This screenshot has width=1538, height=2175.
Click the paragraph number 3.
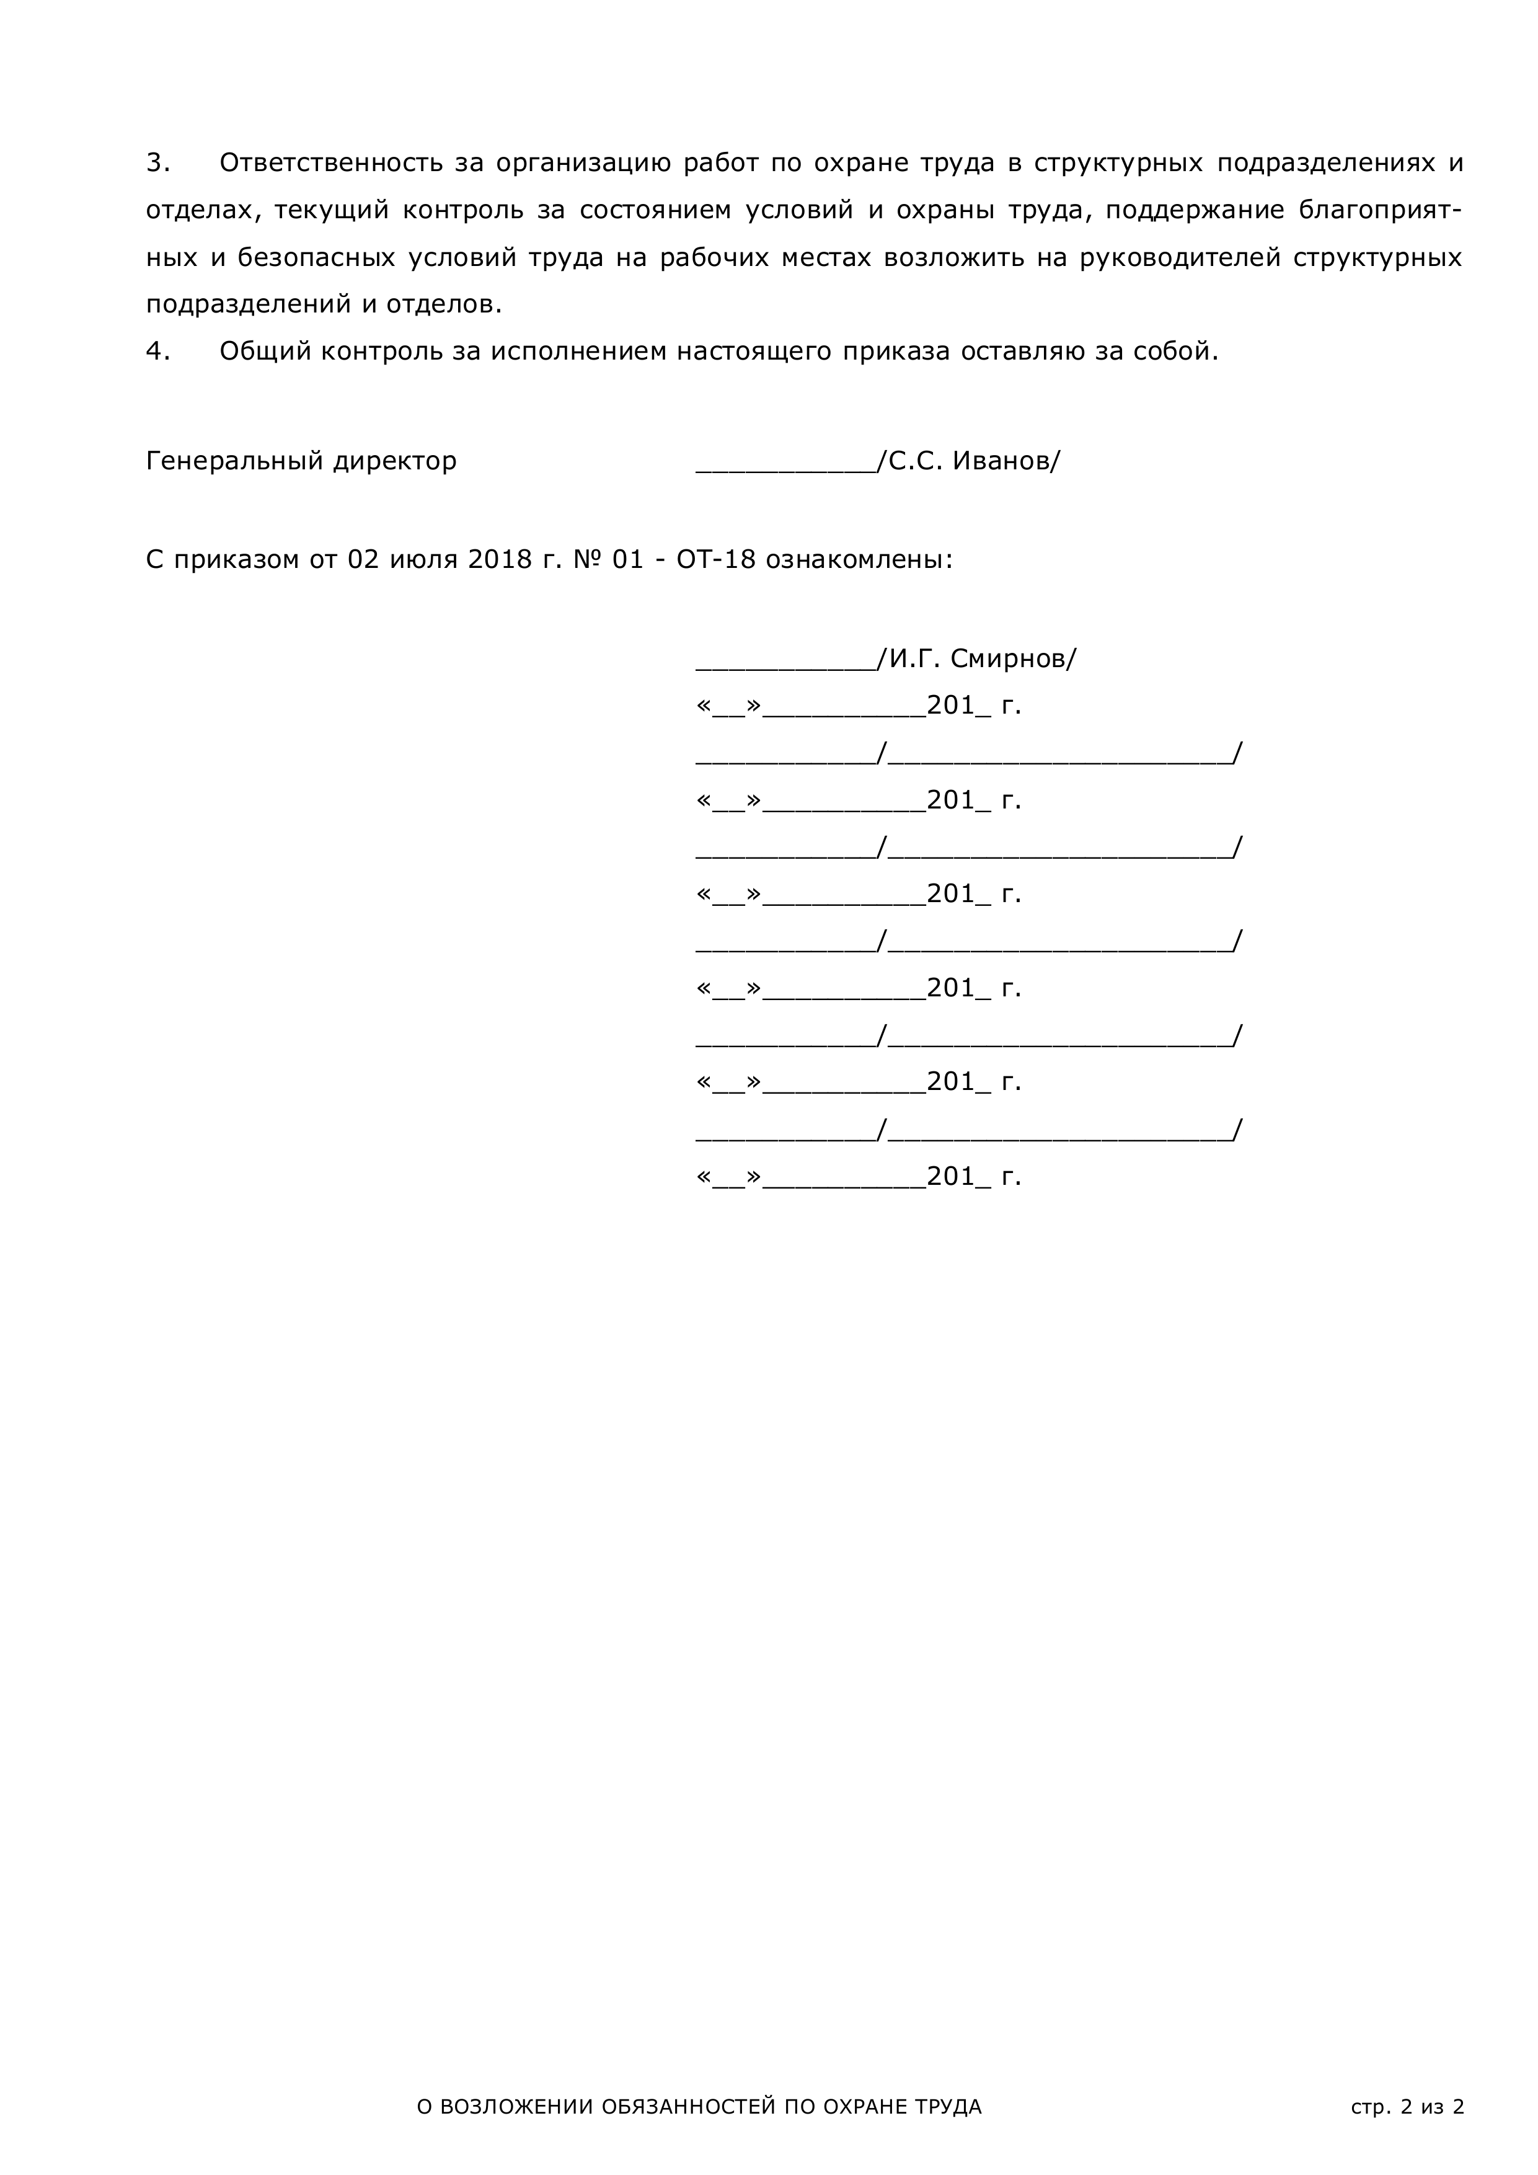coord(157,163)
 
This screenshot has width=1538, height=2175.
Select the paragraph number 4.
coord(157,352)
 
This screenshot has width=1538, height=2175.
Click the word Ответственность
coord(330,163)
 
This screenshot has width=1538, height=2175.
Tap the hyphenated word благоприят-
coord(1379,210)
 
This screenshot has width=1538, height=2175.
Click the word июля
coord(424,560)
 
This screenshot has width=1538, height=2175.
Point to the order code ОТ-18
coord(716,560)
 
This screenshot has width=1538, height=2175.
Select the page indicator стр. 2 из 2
coord(1407,2080)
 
